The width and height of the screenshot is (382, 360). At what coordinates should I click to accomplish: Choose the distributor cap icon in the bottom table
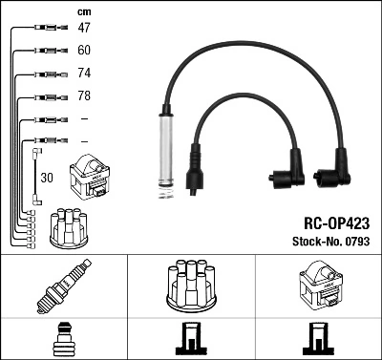pos(191,286)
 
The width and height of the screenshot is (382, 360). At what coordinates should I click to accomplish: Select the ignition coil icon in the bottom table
pos(318,287)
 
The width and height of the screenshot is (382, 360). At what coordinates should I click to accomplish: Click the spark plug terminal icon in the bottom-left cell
pos(63,340)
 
